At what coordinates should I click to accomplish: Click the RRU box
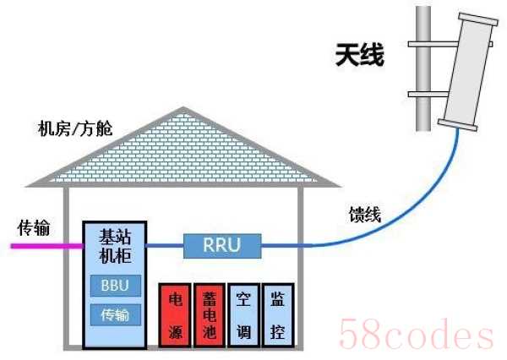click(222, 246)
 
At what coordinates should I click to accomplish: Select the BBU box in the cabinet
click(116, 286)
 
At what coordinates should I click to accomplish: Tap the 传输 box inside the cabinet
click(116, 314)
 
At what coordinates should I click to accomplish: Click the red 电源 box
click(175, 315)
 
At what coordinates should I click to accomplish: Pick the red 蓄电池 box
click(210, 315)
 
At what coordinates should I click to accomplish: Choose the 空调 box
click(243, 315)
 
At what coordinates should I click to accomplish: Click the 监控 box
click(278, 315)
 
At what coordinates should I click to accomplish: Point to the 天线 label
click(360, 55)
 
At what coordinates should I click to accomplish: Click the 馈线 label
click(365, 214)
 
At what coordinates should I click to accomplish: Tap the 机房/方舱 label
click(75, 128)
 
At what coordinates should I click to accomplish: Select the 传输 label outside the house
click(34, 227)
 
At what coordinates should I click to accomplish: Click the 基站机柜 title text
click(115, 246)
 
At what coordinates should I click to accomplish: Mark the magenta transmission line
click(47, 246)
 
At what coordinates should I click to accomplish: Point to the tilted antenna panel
click(468, 71)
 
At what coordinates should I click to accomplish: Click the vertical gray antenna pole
click(423, 68)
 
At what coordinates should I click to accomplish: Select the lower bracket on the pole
click(428, 94)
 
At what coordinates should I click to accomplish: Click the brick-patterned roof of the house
click(183, 152)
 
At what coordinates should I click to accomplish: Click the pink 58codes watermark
click(417, 333)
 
